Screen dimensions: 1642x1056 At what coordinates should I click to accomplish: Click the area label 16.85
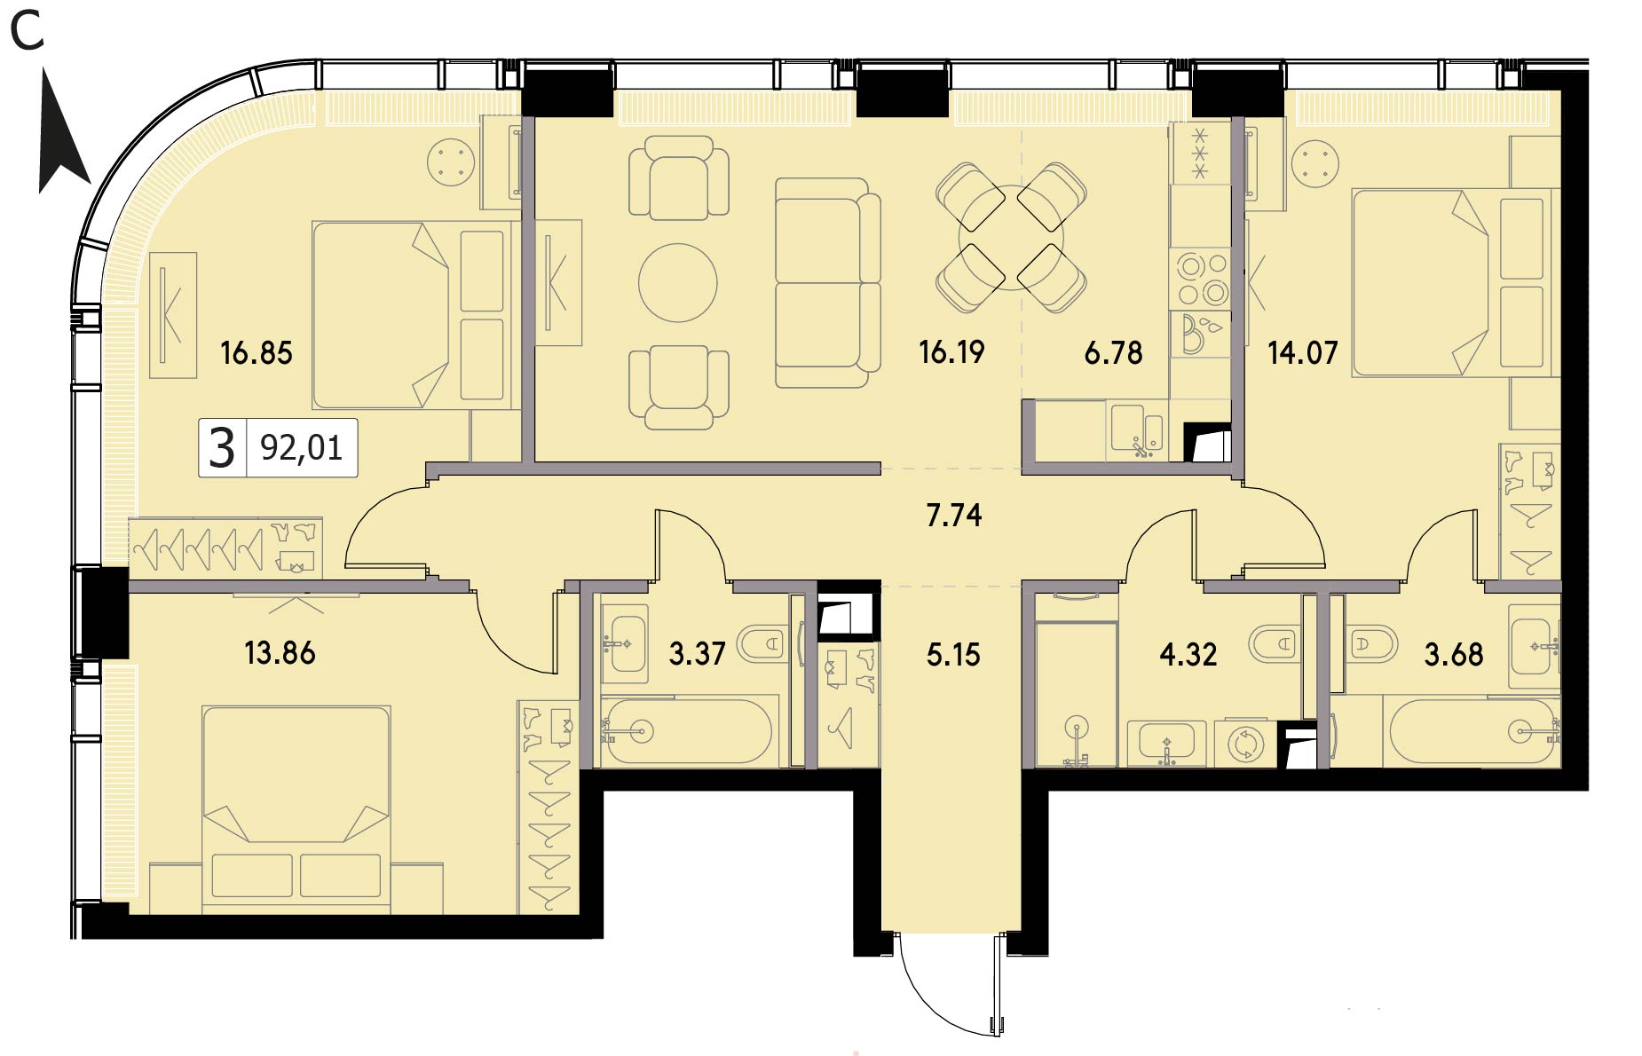[257, 353]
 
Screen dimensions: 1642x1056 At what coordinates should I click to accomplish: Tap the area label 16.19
[951, 352]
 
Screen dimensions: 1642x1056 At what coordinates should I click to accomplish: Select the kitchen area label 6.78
[1113, 353]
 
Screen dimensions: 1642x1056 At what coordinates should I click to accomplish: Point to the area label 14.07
[1302, 353]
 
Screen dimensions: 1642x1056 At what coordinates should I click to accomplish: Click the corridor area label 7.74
[954, 516]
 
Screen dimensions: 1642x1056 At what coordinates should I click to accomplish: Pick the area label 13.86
[280, 653]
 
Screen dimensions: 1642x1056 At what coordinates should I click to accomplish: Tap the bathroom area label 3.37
[697, 654]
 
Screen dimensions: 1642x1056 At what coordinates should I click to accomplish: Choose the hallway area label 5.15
[953, 655]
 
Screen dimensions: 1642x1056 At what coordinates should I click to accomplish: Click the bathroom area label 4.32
[1188, 655]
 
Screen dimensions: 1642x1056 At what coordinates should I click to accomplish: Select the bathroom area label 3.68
[1454, 655]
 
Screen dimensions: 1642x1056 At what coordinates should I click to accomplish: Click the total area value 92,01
[301, 448]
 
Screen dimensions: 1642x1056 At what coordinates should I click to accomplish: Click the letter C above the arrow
[27, 33]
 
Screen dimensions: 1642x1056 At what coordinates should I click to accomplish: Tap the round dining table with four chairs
[1011, 237]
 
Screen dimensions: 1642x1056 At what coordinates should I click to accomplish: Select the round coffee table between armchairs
[677, 283]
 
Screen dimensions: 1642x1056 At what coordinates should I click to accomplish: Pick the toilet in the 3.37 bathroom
[763, 643]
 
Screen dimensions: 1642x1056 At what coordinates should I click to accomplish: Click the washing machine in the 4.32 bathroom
[1244, 744]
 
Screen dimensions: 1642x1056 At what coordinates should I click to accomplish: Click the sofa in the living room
[827, 283]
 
